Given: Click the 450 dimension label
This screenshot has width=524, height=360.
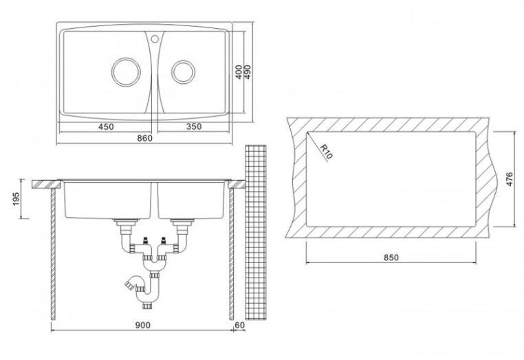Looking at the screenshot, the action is pos(106,126).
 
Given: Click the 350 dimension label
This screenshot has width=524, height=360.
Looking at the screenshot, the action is pos(194,126).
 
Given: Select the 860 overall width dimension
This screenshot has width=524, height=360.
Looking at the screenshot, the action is pos(144,137).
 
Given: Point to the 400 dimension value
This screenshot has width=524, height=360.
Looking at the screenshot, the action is pos(239,72).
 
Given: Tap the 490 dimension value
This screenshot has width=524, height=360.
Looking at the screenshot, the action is pos(248,72).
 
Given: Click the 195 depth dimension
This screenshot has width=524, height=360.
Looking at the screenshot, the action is pos(17,199).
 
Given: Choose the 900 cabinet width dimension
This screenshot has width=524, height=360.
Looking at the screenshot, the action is pos(143,325).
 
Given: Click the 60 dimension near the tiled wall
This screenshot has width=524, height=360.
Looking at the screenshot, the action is pos(240,325).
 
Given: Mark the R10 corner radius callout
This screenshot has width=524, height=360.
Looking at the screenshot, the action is pos(326,153).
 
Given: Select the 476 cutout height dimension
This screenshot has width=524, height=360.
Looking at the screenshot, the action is pos(509,179).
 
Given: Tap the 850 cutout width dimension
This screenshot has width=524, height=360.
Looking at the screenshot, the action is pos(391,258).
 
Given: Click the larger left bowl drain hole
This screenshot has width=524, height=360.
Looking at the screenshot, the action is pos(126,72).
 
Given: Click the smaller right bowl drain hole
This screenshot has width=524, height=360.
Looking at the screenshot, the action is pos(183,72).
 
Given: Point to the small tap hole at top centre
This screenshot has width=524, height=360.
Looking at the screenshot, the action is pos(155,39).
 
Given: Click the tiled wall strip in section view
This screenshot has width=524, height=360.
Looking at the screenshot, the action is pos(256,232).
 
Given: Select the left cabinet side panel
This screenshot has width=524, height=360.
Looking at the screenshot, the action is pos(53,254).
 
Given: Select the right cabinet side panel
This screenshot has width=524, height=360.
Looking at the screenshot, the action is pos(231,254).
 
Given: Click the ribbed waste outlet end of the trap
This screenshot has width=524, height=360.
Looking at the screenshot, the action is pos(128,285).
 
